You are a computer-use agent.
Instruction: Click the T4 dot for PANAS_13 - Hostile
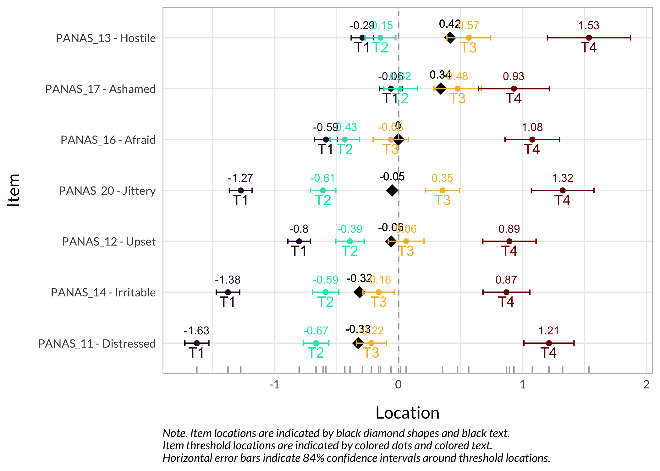coord(589,38)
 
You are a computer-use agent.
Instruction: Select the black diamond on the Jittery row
coord(392,190)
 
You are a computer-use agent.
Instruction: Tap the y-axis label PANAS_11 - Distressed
coord(97,344)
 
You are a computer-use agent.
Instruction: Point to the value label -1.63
coord(196,331)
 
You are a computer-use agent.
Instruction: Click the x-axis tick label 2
coord(646,385)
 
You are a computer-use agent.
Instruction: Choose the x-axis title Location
coord(407,413)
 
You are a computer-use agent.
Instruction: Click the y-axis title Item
coord(14,190)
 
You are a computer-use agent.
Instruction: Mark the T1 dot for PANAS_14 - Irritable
coord(228,292)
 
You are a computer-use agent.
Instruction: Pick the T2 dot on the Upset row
coord(350,241)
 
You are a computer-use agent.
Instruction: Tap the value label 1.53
coord(589,25)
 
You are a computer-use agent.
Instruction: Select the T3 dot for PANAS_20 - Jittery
coord(442,191)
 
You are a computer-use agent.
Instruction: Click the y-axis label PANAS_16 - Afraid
coord(108,140)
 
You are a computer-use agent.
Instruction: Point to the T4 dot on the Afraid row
coord(532,139)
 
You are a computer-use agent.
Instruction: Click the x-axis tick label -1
coord(274,385)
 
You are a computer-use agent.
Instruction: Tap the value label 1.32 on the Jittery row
coord(563,178)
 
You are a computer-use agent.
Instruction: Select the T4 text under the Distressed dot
coord(548,353)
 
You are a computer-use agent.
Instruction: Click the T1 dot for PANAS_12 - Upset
coord(299,241)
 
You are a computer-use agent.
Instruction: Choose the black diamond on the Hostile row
coord(450,38)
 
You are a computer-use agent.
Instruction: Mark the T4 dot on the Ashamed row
coord(514,89)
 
